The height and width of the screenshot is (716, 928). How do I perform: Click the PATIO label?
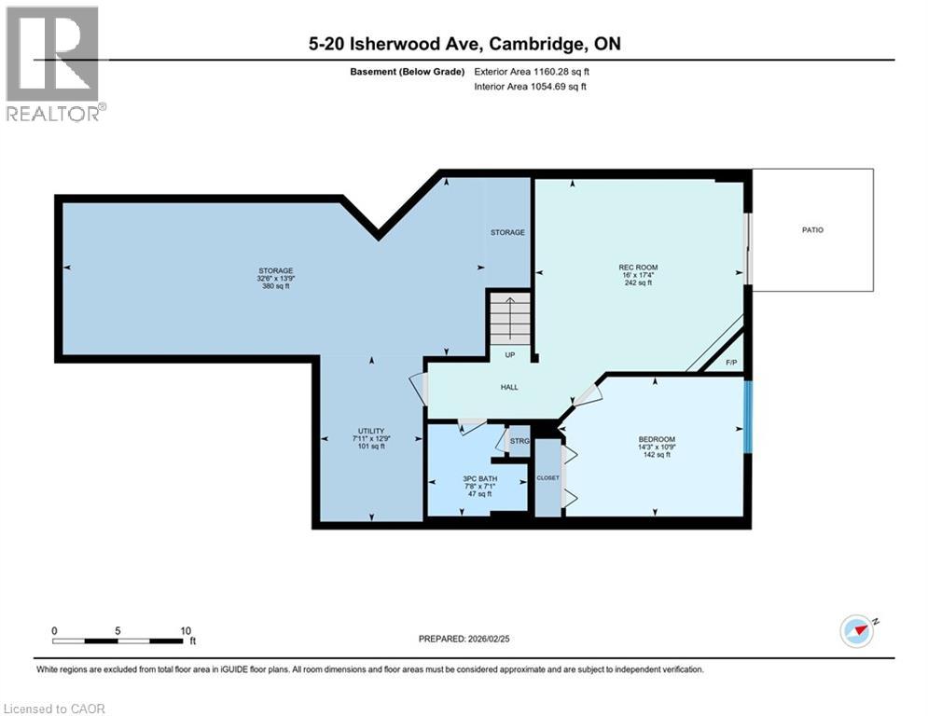pyautogui.click(x=812, y=229)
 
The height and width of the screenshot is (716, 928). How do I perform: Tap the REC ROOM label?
pyautogui.click(x=638, y=268)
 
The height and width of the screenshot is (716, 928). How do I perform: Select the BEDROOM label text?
pyautogui.click(x=657, y=439)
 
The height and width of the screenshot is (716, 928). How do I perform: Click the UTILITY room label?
pyautogui.click(x=371, y=429)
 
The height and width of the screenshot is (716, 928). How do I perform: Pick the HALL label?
pyautogui.click(x=508, y=387)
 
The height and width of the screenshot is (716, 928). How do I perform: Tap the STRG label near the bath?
pyautogui.click(x=519, y=441)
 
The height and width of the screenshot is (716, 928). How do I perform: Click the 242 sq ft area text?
pyautogui.click(x=638, y=283)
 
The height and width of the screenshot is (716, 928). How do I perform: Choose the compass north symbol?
pyautogui.click(x=857, y=630)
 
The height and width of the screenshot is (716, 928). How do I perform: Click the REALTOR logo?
pyautogui.click(x=54, y=63)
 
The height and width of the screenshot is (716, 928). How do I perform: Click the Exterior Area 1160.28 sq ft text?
pyautogui.click(x=532, y=71)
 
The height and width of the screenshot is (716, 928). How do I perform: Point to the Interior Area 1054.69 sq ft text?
pyautogui.click(x=530, y=87)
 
